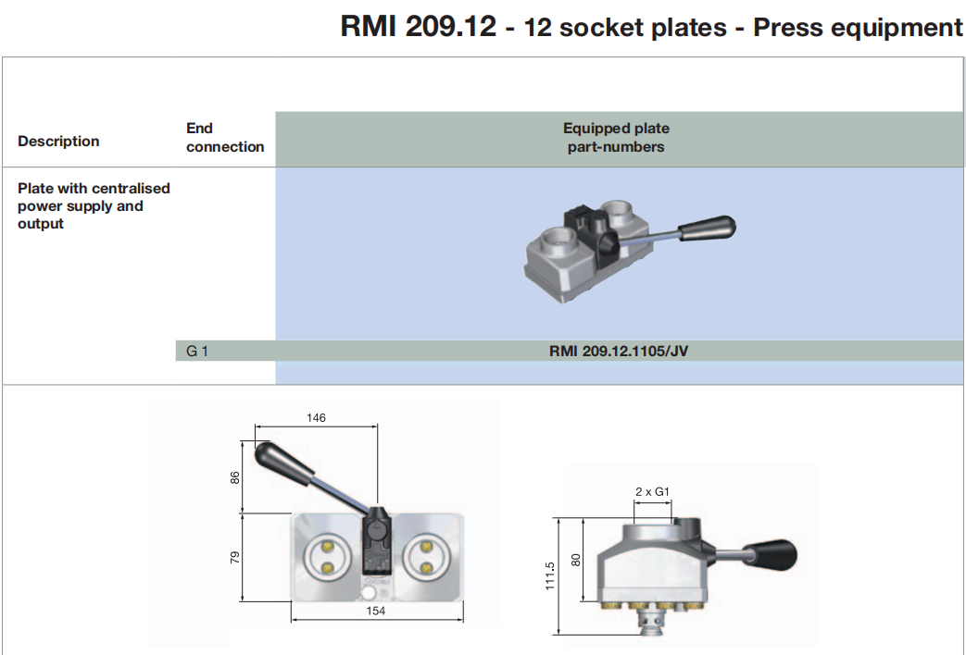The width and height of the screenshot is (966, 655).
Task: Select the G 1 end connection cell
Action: click(x=197, y=351)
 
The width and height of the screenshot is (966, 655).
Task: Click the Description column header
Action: click(x=58, y=141)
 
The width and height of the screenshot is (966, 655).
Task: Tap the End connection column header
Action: click(x=224, y=138)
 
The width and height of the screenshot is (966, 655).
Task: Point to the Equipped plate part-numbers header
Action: click(x=616, y=138)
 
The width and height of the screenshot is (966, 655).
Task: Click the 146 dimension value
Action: click(x=316, y=417)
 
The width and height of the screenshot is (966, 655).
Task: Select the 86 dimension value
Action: click(x=235, y=477)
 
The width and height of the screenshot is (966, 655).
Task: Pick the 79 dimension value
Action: click(x=235, y=557)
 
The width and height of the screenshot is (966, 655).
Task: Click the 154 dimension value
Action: click(x=375, y=612)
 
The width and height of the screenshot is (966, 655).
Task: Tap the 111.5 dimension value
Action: click(x=550, y=575)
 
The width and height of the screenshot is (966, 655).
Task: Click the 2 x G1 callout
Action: click(x=653, y=492)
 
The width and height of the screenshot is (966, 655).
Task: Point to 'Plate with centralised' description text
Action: click(x=94, y=188)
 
